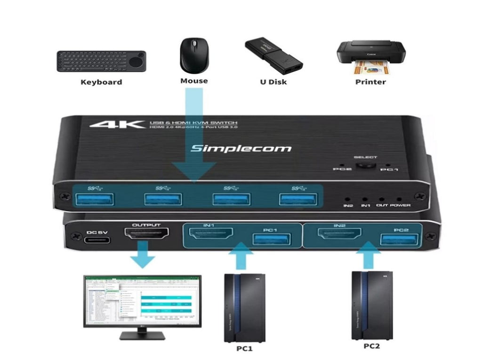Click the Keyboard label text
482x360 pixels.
[x=101, y=82]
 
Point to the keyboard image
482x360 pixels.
[x=101, y=61]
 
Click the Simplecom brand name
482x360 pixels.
[x=241, y=148]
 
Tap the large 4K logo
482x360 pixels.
[x=117, y=125]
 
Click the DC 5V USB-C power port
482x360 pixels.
[x=98, y=240]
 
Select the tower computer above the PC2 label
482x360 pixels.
[x=372, y=304]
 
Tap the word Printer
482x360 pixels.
[x=370, y=82]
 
